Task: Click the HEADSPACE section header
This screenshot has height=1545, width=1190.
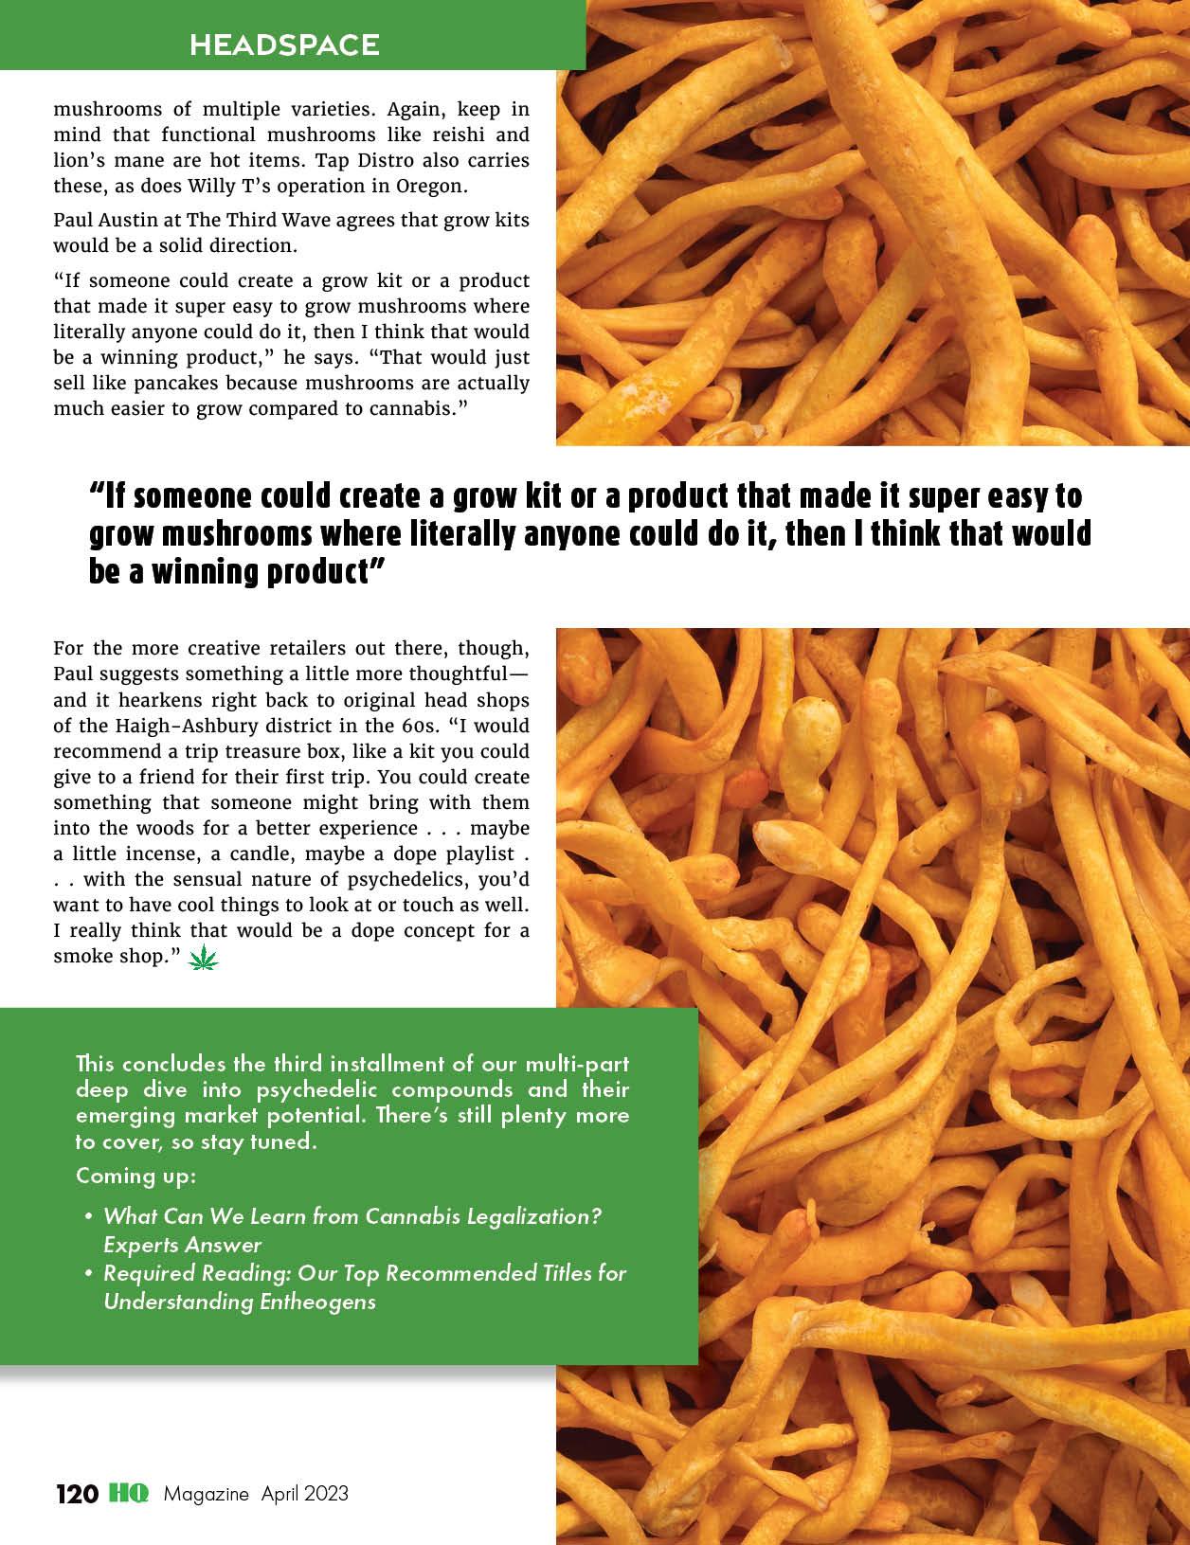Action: tap(284, 45)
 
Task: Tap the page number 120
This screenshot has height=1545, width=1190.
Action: tap(77, 1494)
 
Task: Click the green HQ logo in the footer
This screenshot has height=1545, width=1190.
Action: tap(128, 1494)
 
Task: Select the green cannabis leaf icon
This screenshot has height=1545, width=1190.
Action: tap(204, 960)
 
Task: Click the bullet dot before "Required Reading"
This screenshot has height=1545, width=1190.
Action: tap(87, 1273)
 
